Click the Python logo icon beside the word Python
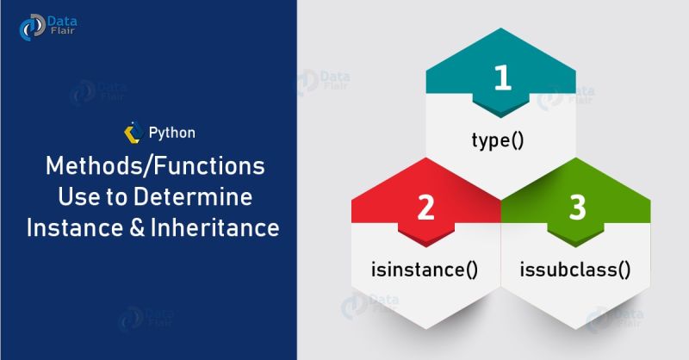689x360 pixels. coord(133,133)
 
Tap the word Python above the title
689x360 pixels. coord(171,133)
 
